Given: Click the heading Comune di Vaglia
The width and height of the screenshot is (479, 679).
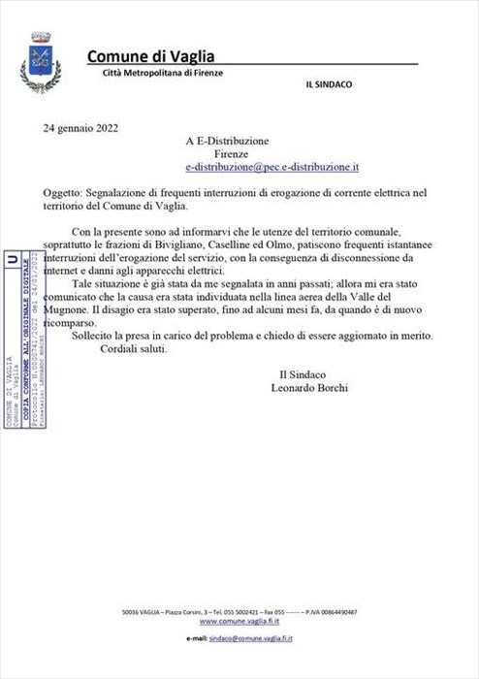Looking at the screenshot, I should coord(150,56).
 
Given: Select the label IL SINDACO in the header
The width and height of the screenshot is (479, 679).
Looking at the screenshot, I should coord(329,84).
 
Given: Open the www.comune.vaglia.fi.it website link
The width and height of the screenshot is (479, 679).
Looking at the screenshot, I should coord(243,622).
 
